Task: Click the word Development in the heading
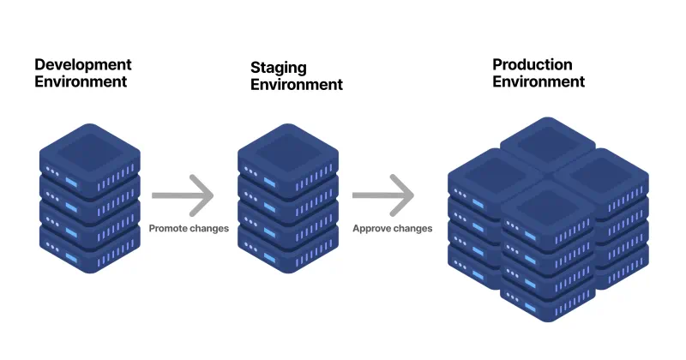[82, 65]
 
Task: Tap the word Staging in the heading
[278, 67]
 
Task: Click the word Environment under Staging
[297, 85]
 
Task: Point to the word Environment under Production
[539, 82]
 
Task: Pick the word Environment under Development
[81, 82]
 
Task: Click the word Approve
[370, 229]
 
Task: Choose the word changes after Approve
[412, 229]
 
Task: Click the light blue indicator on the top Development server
[73, 183]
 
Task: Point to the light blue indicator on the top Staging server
[271, 183]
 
